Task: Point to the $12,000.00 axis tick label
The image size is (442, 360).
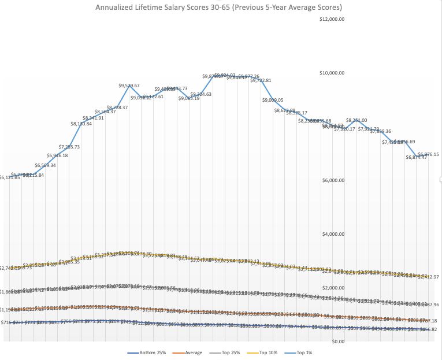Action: point(332,19)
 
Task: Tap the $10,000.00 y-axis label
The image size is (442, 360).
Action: point(332,73)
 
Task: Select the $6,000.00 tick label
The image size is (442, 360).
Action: point(333,180)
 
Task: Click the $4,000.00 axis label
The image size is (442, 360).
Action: point(333,234)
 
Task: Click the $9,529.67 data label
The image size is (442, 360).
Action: point(129,86)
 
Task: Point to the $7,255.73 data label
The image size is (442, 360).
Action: point(69,147)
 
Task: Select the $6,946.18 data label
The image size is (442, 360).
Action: point(57,155)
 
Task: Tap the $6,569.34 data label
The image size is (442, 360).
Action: point(45,165)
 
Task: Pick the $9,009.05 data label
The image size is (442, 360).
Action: point(273,100)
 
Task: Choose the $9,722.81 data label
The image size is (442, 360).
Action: point(261,81)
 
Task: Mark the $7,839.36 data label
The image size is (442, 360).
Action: point(381,131)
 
